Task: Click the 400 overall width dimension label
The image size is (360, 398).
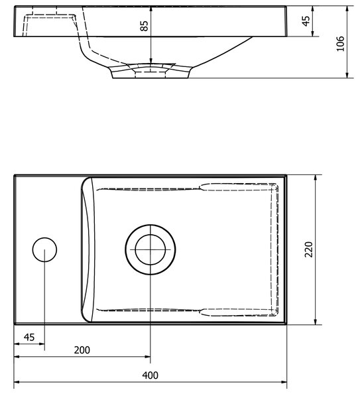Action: coord(150,375)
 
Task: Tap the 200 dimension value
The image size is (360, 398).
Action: coord(82,350)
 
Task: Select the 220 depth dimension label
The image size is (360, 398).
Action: coord(308,249)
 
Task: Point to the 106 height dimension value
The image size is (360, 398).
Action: coord(341,43)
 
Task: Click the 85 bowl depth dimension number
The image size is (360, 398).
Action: coord(144,26)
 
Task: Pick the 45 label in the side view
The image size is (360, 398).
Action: coord(306,21)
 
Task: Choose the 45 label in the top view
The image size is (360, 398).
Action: coord(29,338)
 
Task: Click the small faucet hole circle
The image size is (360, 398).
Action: coord(44,249)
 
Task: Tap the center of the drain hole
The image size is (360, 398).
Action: coord(150,249)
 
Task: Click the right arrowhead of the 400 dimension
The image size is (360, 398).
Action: coord(284,382)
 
